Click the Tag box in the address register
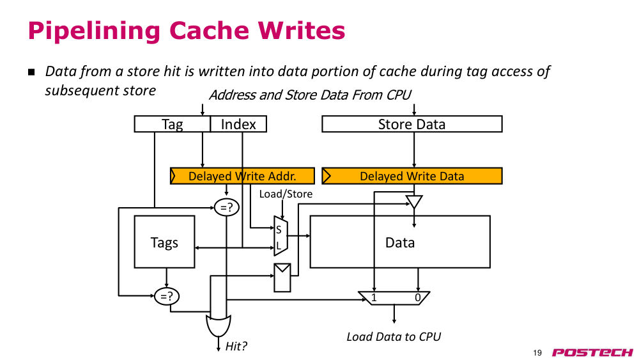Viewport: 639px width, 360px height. coord(173,124)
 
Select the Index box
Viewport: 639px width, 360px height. coord(238,124)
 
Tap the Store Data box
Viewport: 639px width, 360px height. coord(412,124)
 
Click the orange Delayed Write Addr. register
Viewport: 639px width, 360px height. coord(242,176)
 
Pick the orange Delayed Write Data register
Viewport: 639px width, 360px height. coord(412,176)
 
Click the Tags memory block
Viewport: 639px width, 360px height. coord(164,242)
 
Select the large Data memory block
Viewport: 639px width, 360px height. coord(400,242)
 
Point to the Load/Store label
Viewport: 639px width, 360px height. coord(286,194)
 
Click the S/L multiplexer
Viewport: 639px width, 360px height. coord(281,236)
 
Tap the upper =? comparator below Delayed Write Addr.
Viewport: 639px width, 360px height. coord(227,208)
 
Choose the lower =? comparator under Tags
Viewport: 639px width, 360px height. coord(167,297)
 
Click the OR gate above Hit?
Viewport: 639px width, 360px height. coord(219,325)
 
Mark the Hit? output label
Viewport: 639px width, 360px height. coord(236,346)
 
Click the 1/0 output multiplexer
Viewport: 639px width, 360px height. coord(394,298)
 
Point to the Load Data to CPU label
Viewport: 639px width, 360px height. coord(394,337)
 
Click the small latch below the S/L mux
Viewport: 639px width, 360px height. coord(282,278)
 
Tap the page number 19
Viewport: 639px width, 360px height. coord(537,353)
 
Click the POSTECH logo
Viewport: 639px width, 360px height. coord(592,352)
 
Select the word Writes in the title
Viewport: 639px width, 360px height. coord(301,31)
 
